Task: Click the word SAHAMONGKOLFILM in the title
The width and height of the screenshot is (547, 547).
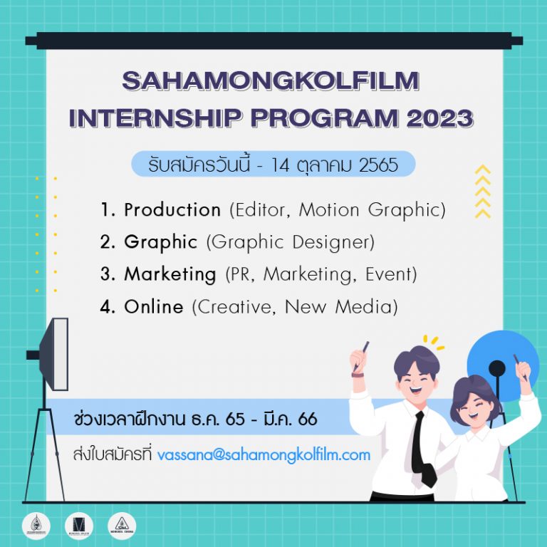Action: (x=270, y=82)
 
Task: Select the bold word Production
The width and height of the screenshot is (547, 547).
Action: (x=172, y=210)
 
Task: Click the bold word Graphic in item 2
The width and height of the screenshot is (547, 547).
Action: (x=160, y=242)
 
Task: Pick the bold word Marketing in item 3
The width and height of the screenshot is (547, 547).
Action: (x=170, y=274)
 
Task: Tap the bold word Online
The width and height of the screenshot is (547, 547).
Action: (x=154, y=307)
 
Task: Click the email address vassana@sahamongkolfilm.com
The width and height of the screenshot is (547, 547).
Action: (x=264, y=454)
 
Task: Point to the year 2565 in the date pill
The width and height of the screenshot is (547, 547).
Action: (x=378, y=165)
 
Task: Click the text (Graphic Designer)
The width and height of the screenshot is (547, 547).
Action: (x=290, y=242)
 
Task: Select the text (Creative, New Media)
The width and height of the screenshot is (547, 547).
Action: (x=294, y=307)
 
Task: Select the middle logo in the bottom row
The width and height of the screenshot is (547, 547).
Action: (x=78, y=525)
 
